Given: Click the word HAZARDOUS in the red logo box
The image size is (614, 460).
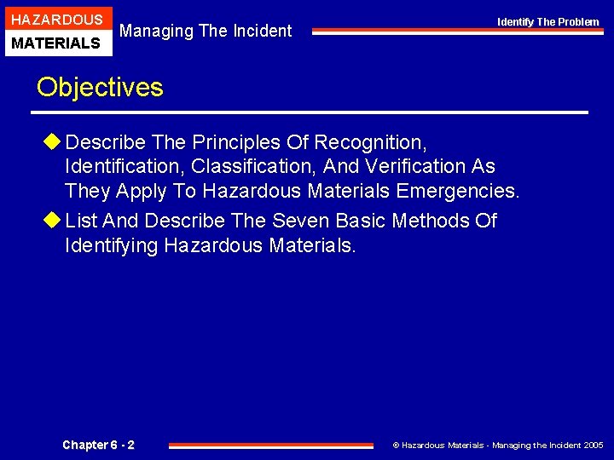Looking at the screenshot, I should [56, 19].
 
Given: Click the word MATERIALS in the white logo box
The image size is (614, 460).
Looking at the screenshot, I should [56, 43].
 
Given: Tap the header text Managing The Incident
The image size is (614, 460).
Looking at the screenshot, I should [206, 32].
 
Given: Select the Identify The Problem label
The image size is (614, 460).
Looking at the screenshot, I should [548, 22].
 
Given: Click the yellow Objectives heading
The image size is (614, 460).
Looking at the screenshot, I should [99, 87].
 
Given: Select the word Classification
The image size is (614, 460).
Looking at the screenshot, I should [255, 166].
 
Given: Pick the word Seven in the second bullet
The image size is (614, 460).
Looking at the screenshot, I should [300, 221].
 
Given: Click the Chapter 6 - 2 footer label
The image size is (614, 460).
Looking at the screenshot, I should [98, 445].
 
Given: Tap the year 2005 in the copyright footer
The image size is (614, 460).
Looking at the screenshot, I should [594, 446].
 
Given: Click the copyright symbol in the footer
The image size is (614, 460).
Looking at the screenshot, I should [396, 446].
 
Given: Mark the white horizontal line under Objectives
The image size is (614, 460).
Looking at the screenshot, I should [311, 112].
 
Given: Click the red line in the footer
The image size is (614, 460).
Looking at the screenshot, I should [271, 445].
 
